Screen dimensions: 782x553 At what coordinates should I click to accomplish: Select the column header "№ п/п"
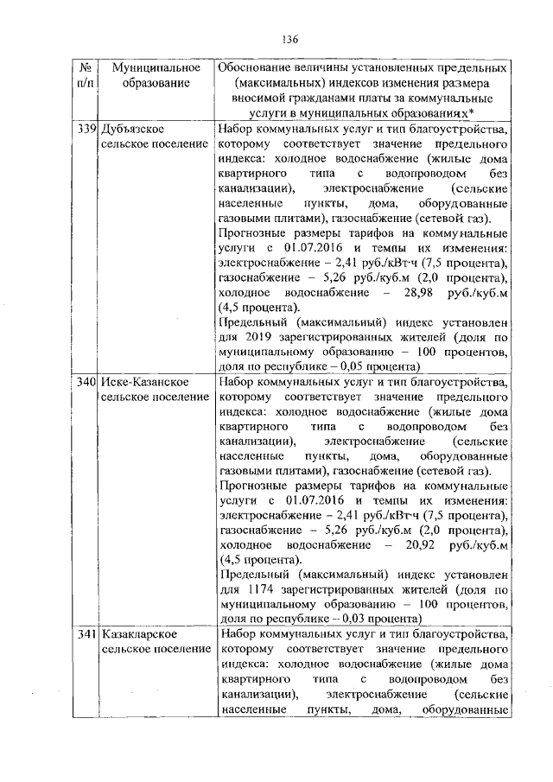click(x=85, y=75)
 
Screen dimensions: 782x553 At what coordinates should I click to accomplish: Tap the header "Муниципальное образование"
click(x=151, y=75)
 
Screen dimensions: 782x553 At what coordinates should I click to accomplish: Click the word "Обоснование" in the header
click(x=258, y=67)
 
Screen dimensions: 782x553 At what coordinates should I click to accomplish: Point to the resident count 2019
click(x=260, y=337)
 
